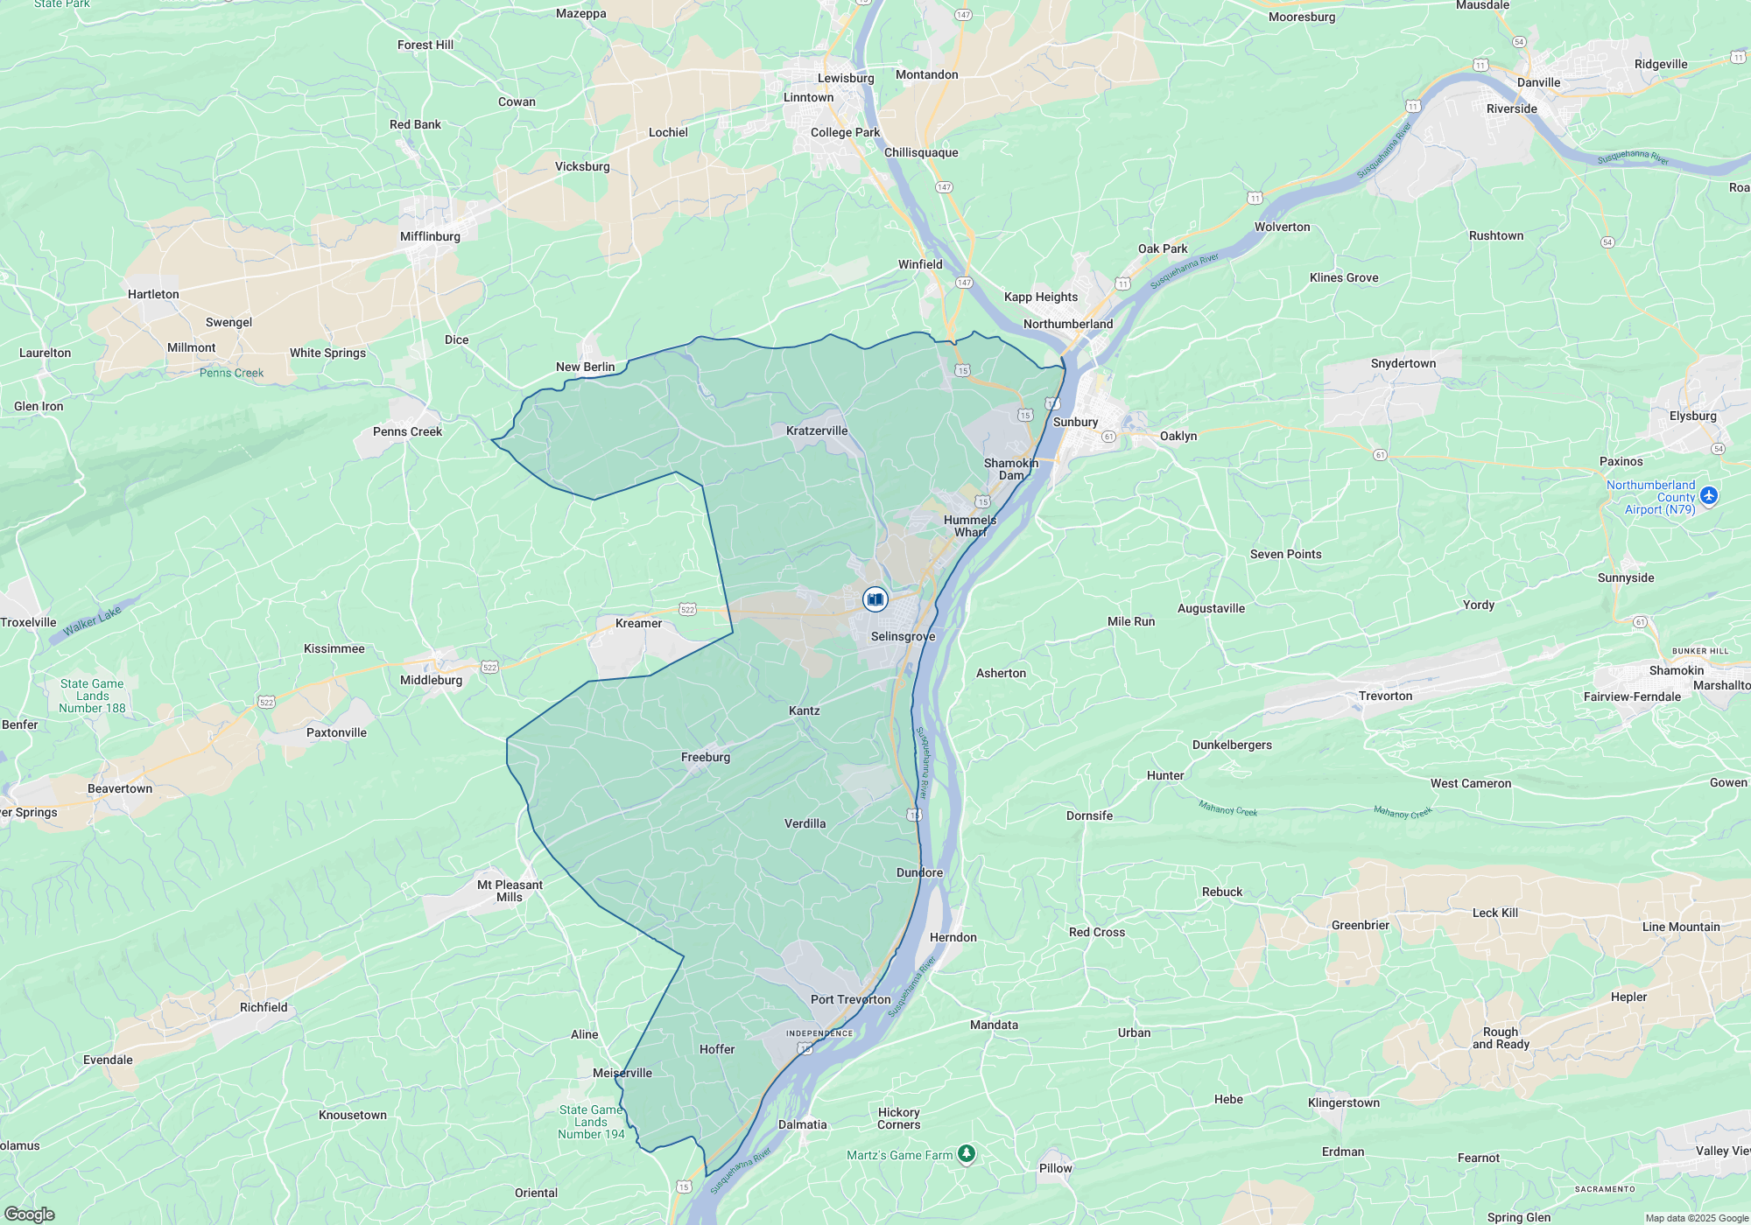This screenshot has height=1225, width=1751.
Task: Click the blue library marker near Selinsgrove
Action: [875, 599]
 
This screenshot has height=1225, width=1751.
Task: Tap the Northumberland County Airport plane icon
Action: [1709, 496]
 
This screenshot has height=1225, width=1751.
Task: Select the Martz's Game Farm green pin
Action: [966, 1155]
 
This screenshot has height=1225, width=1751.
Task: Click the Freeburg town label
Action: [706, 757]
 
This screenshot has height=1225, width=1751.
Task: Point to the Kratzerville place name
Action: [817, 430]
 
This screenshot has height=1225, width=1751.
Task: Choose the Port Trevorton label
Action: [850, 999]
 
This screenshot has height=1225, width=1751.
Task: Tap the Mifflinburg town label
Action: [430, 236]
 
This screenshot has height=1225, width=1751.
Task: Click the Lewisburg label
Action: [846, 78]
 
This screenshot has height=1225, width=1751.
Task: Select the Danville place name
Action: [1538, 82]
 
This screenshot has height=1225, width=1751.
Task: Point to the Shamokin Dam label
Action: [1011, 469]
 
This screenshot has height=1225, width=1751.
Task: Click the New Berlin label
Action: [585, 367]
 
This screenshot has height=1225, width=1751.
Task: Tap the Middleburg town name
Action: [431, 680]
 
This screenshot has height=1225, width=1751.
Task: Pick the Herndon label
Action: [953, 937]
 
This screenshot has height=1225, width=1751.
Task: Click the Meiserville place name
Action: [622, 1073]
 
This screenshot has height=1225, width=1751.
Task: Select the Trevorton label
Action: [1385, 696]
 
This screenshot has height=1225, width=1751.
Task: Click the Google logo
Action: [29, 1214]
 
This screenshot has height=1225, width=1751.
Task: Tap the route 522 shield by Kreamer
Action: [687, 610]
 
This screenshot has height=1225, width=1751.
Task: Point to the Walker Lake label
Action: [92, 620]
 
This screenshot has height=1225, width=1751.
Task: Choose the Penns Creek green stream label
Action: [231, 373]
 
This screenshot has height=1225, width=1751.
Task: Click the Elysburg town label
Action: [1692, 416]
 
